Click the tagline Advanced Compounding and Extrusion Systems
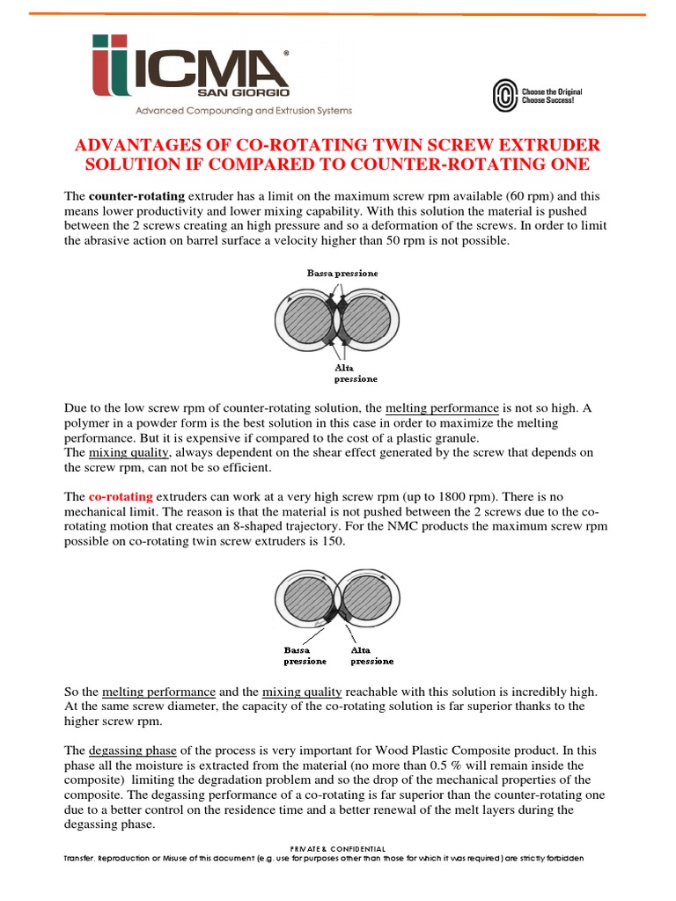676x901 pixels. [243, 111]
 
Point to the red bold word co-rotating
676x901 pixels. [121, 497]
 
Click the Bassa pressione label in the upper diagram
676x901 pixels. [342, 274]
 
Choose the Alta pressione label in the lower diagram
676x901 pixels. [372, 656]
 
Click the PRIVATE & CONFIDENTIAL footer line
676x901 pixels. [337, 848]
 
